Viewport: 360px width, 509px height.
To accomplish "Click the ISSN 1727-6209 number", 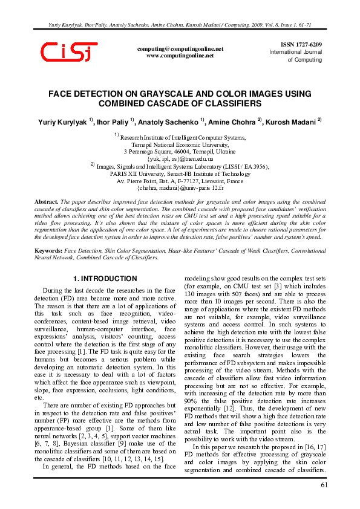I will pyautogui.click(x=301, y=45).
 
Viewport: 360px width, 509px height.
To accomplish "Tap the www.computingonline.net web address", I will pyautogui.click(x=180, y=56).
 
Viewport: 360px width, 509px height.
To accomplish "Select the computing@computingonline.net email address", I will pyautogui.click(x=180, y=48).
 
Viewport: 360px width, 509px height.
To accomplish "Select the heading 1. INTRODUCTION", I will pyautogui.click(x=105, y=279).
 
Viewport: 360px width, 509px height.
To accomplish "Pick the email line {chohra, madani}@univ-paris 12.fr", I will pyautogui.click(x=180, y=188).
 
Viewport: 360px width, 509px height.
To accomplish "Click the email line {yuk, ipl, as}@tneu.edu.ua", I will pyautogui.click(x=180, y=158).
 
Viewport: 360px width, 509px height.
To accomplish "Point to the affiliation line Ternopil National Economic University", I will pyautogui.click(x=180, y=145).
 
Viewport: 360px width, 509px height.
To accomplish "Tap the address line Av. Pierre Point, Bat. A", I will pyautogui.click(x=180, y=181).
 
